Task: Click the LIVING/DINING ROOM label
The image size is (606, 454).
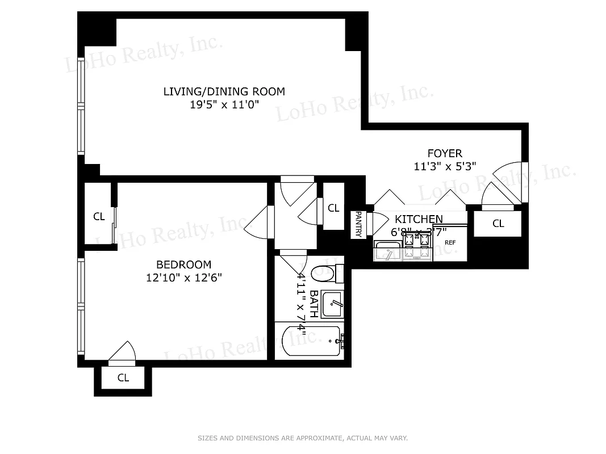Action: [x=224, y=91]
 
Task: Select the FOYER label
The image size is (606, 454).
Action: [x=445, y=153]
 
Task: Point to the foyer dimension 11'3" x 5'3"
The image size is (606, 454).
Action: [x=445, y=166]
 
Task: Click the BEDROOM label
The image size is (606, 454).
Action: [x=183, y=264]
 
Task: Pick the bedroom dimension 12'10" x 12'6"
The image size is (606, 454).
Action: [x=183, y=278]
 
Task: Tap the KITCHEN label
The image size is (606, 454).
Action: [x=419, y=219]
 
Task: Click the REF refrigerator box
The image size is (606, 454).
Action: [x=450, y=242]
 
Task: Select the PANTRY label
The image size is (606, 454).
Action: [x=358, y=224]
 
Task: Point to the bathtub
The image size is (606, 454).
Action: [x=311, y=340]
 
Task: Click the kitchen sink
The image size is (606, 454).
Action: [x=388, y=250]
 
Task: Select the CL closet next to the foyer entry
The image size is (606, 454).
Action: [x=498, y=224]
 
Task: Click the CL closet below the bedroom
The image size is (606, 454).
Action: [x=123, y=378]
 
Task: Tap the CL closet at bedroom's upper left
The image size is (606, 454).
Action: [x=99, y=216]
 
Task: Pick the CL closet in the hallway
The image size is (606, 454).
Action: [x=333, y=208]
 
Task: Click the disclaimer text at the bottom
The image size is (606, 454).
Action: [x=303, y=438]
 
